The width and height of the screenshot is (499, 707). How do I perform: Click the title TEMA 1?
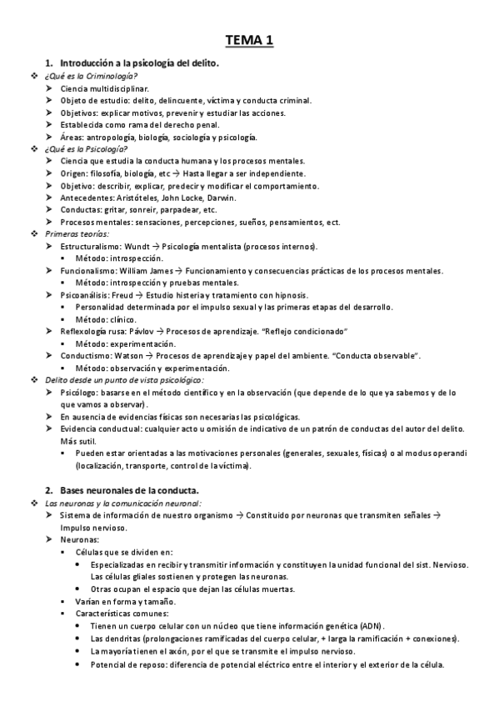249,40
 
